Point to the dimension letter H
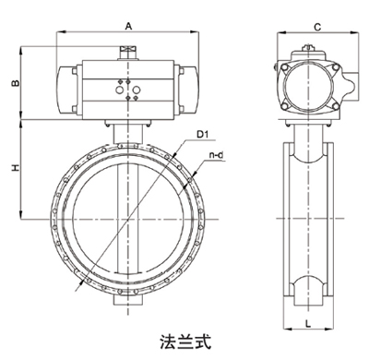(x=14, y=169)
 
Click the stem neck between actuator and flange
(x=126, y=132)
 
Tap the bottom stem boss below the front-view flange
(x=126, y=297)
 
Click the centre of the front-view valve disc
(x=126, y=218)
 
